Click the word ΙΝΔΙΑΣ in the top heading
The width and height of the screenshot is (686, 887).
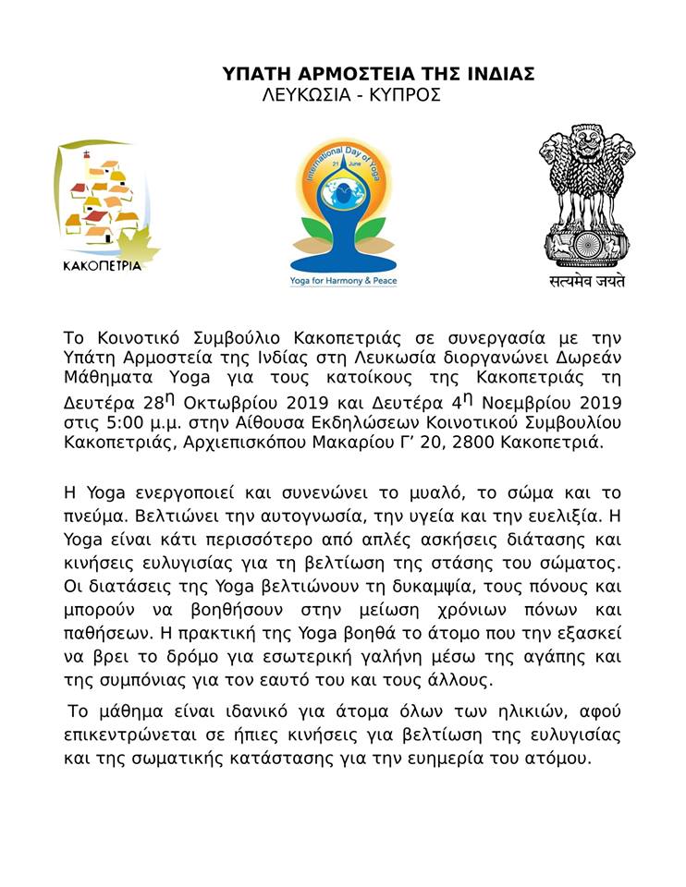(496, 75)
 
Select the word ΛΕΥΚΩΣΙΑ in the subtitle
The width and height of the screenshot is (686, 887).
(304, 95)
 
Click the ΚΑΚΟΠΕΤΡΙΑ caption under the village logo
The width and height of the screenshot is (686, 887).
(102, 266)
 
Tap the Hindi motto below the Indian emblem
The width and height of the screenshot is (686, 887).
(582, 280)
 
